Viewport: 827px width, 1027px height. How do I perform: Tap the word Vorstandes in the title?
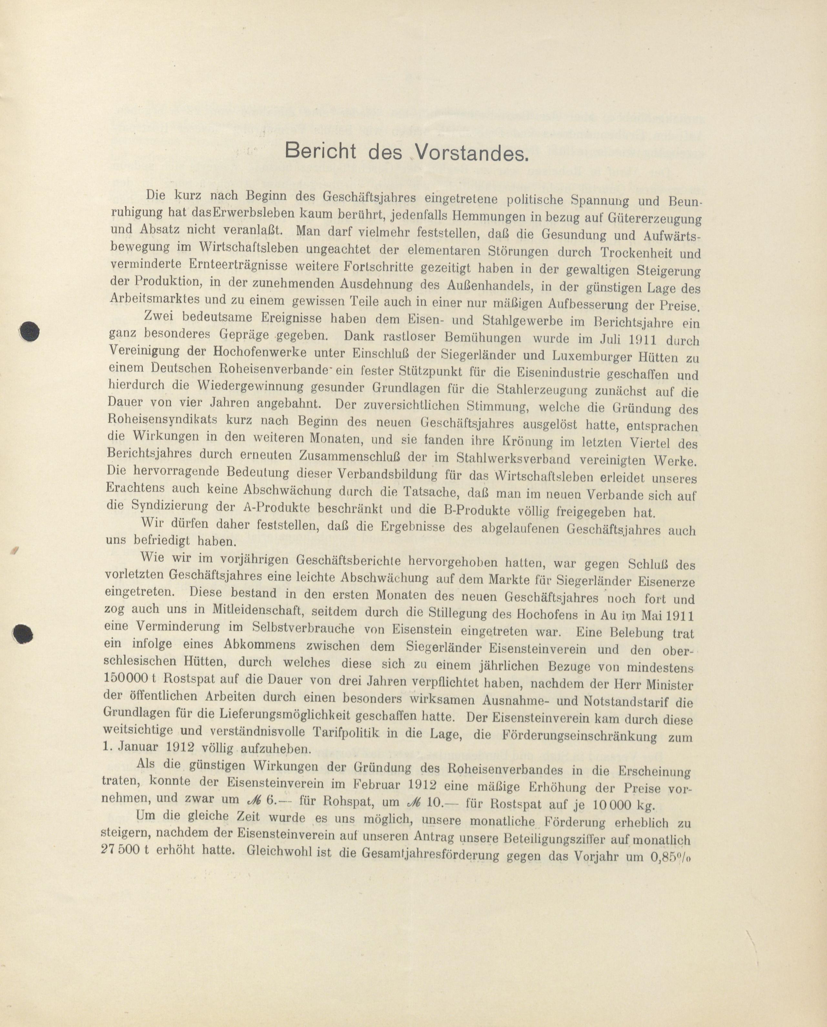click(472, 153)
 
